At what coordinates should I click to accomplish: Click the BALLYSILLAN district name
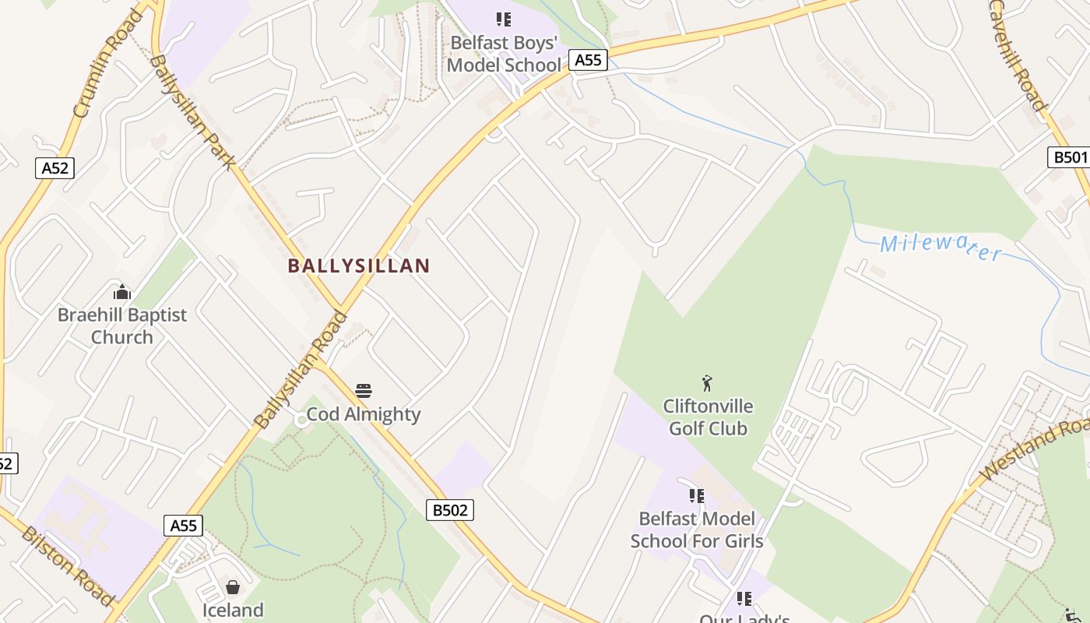pos(358,266)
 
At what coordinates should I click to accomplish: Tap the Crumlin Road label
pos(108,62)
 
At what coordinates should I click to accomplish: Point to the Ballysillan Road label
pos(301,370)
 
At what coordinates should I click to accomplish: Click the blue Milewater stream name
pos(941,246)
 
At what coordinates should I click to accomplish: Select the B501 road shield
pos(1070,157)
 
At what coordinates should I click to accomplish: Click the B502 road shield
pos(450,510)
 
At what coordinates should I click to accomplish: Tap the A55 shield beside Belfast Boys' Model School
pos(587,60)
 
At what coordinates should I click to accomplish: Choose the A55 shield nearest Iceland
pos(184,526)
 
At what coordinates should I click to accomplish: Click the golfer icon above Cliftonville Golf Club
pos(707,383)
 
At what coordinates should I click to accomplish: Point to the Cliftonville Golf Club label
pos(708,417)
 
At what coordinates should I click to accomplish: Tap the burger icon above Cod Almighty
pos(364,390)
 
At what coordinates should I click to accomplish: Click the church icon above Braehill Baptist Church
pos(122,292)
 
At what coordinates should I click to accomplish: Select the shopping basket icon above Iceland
pos(232,586)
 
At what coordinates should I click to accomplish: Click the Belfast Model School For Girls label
pos(697,530)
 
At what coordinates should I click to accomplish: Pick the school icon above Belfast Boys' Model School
pos(504,19)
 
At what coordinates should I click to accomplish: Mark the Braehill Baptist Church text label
pos(122,326)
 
